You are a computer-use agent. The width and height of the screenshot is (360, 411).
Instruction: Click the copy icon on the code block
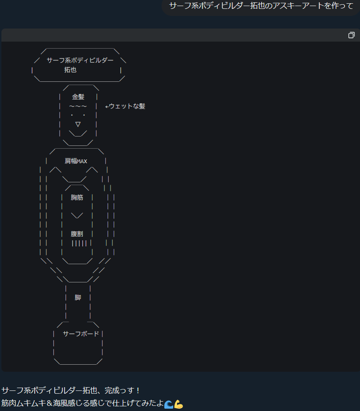352,35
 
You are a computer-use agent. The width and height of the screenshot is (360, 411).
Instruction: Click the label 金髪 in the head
78,97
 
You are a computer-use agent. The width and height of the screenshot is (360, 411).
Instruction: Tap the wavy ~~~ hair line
78,106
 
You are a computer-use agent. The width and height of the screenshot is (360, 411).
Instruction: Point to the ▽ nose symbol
78,124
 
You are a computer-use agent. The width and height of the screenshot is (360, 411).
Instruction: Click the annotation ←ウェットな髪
125,106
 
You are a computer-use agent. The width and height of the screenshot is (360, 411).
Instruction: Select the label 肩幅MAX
76,161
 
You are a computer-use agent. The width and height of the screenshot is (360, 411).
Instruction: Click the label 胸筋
77,197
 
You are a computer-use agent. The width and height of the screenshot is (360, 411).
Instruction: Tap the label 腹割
77,234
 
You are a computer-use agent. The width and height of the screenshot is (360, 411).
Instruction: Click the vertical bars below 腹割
79,243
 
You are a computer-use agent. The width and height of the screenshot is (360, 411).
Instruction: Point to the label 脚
78,297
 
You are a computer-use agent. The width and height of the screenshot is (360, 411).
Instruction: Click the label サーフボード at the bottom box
81,334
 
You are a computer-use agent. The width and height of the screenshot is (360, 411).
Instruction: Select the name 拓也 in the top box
70,70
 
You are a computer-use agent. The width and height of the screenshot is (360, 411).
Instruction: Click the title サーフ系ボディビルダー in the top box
80,60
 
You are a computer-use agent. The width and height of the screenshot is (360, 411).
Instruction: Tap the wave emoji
169,404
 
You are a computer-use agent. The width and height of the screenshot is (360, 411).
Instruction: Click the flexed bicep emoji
178,404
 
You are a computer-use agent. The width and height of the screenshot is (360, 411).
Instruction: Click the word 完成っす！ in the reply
122,390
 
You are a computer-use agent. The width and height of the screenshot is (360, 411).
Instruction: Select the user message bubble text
261,6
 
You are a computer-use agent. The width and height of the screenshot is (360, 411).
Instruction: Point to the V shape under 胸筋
77,216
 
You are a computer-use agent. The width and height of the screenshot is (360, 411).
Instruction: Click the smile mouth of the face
78,133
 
